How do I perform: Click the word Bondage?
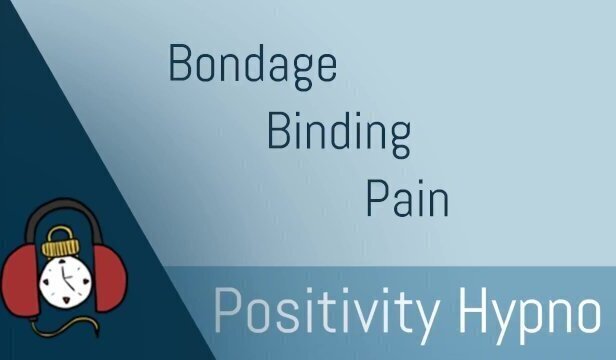[252, 66]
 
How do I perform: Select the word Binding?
[338, 132]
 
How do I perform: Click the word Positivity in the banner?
[328, 312]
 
